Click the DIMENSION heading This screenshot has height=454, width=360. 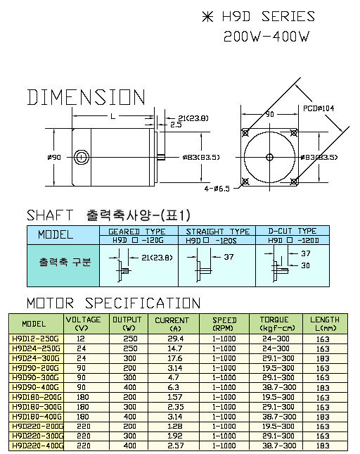tap(86, 97)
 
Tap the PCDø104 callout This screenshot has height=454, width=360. tap(319, 108)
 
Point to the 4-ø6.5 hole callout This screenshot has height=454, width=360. tap(217, 189)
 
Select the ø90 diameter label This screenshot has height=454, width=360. tap(54, 157)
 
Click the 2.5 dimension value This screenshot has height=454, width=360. tap(176, 125)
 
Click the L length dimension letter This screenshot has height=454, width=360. tap(112, 116)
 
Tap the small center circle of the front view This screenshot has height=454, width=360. tap(269, 157)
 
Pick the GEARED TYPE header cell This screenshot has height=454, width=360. tap(139, 231)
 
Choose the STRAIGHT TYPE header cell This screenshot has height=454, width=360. tap(217, 231)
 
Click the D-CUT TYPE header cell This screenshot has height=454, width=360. tap(292, 231)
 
